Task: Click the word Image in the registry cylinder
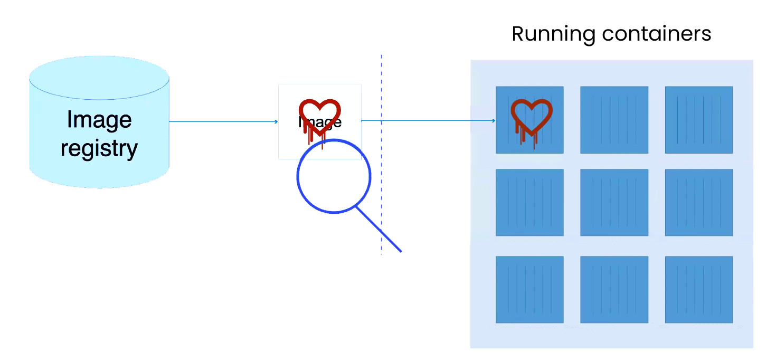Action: point(99,120)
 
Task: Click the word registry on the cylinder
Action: point(99,148)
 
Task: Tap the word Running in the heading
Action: point(553,34)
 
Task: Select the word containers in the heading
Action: point(656,34)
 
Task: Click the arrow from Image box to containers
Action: point(428,120)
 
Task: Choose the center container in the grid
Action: point(614,203)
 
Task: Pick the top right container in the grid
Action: point(698,120)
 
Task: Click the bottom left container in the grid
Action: point(529,289)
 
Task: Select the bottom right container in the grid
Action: point(698,289)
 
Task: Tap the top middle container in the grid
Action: point(614,120)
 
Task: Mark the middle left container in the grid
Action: point(529,203)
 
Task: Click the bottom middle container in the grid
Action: point(614,289)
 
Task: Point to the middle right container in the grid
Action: point(698,203)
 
